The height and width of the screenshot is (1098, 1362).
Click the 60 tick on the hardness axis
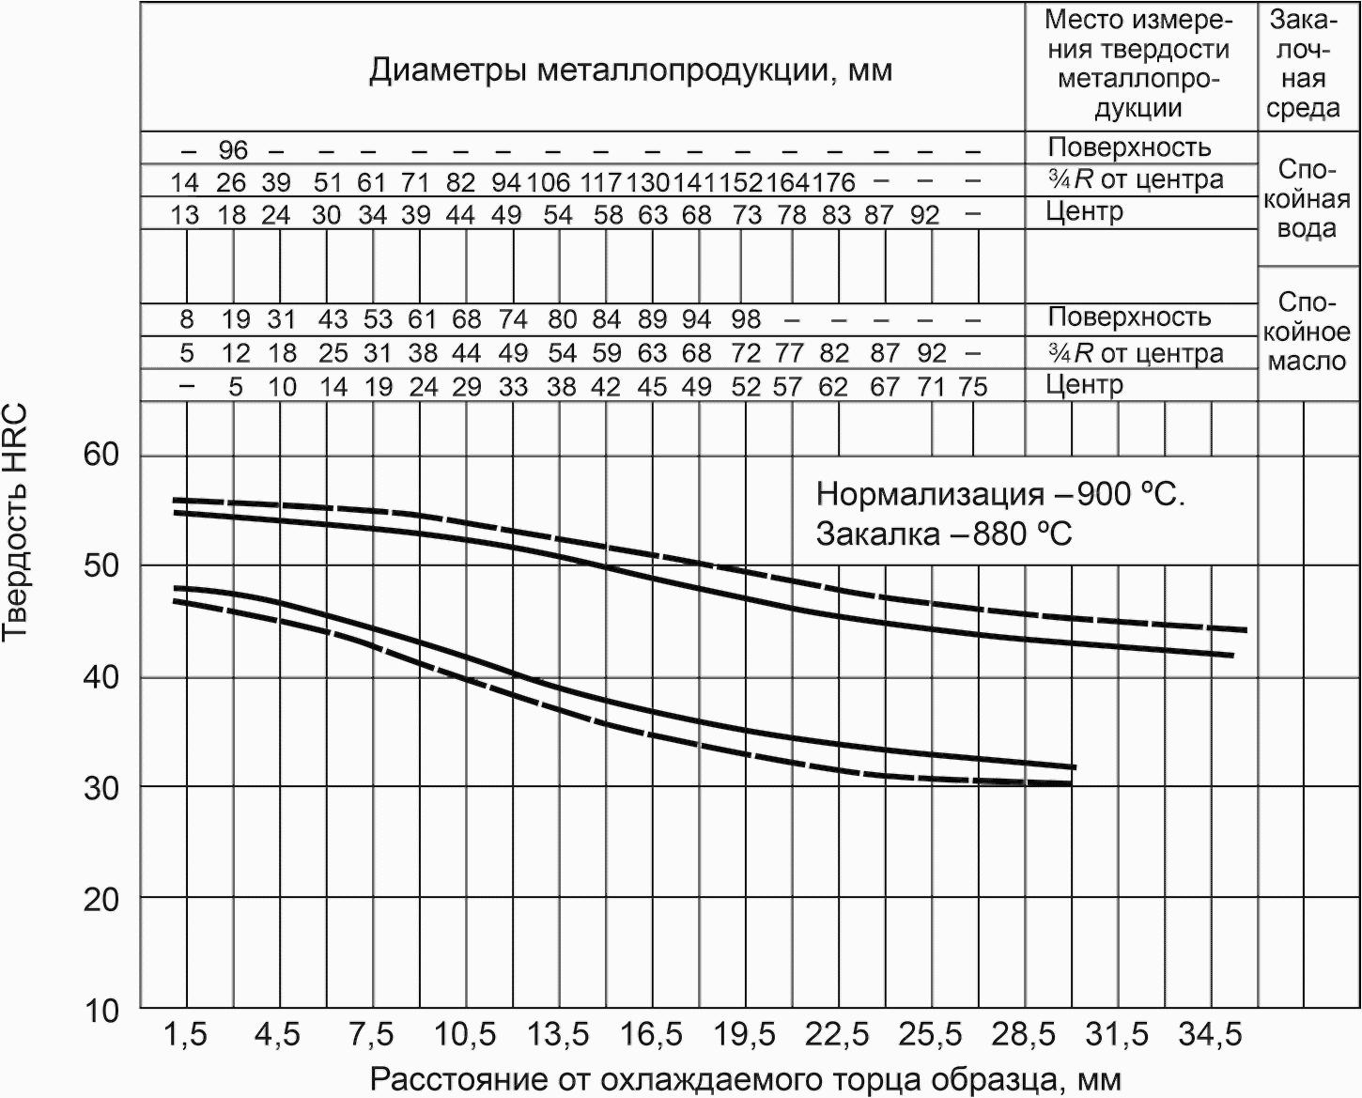pyautogui.click(x=101, y=455)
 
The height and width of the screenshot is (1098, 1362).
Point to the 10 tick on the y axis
pyautogui.click(x=101, y=1011)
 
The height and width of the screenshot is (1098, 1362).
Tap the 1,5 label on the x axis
pyautogui.click(x=185, y=1036)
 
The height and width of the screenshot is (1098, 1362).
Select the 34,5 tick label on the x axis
pyautogui.click(x=1210, y=1036)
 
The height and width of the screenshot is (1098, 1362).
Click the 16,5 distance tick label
pyautogui.click(x=652, y=1036)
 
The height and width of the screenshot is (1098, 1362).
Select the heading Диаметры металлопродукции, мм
pyautogui.click(x=630, y=70)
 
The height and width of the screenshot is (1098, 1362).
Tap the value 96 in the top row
pyautogui.click(x=233, y=150)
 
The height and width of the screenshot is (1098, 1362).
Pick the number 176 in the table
pyautogui.click(x=834, y=183)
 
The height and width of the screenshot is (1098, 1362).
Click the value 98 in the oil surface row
pyautogui.click(x=746, y=319)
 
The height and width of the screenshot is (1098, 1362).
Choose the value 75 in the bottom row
pyautogui.click(x=973, y=387)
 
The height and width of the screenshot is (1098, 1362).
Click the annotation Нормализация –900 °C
pyautogui.click(x=1000, y=494)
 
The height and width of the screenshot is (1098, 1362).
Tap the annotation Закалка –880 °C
pyautogui.click(x=944, y=534)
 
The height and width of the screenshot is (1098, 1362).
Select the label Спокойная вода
pyautogui.click(x=1308, y=199)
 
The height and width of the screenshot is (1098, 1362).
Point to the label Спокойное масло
pyautogui.click(x=1308, y=332)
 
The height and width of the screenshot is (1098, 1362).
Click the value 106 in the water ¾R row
pyautogui.click(x=549, y=183)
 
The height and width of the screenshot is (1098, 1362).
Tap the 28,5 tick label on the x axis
pyautogui.click(x=1025, y=1036)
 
